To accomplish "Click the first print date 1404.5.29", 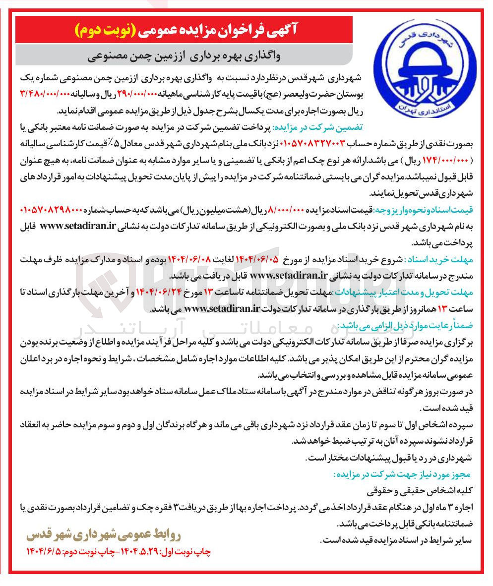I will click(134, 552).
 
